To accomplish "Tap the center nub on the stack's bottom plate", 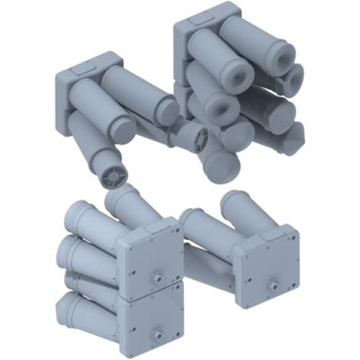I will (156, 334).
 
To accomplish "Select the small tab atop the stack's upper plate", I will (152, 224).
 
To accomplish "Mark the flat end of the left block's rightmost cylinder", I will (168, 110).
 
